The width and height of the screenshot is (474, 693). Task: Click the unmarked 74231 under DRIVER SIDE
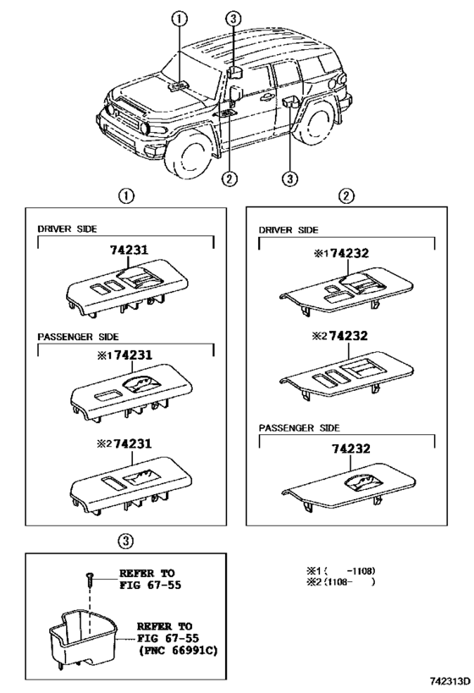[129, 250]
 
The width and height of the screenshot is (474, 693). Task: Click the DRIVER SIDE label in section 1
[67, 229]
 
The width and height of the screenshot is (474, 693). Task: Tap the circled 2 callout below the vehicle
[229, 178]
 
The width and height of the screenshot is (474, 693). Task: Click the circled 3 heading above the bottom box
[125, 538]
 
